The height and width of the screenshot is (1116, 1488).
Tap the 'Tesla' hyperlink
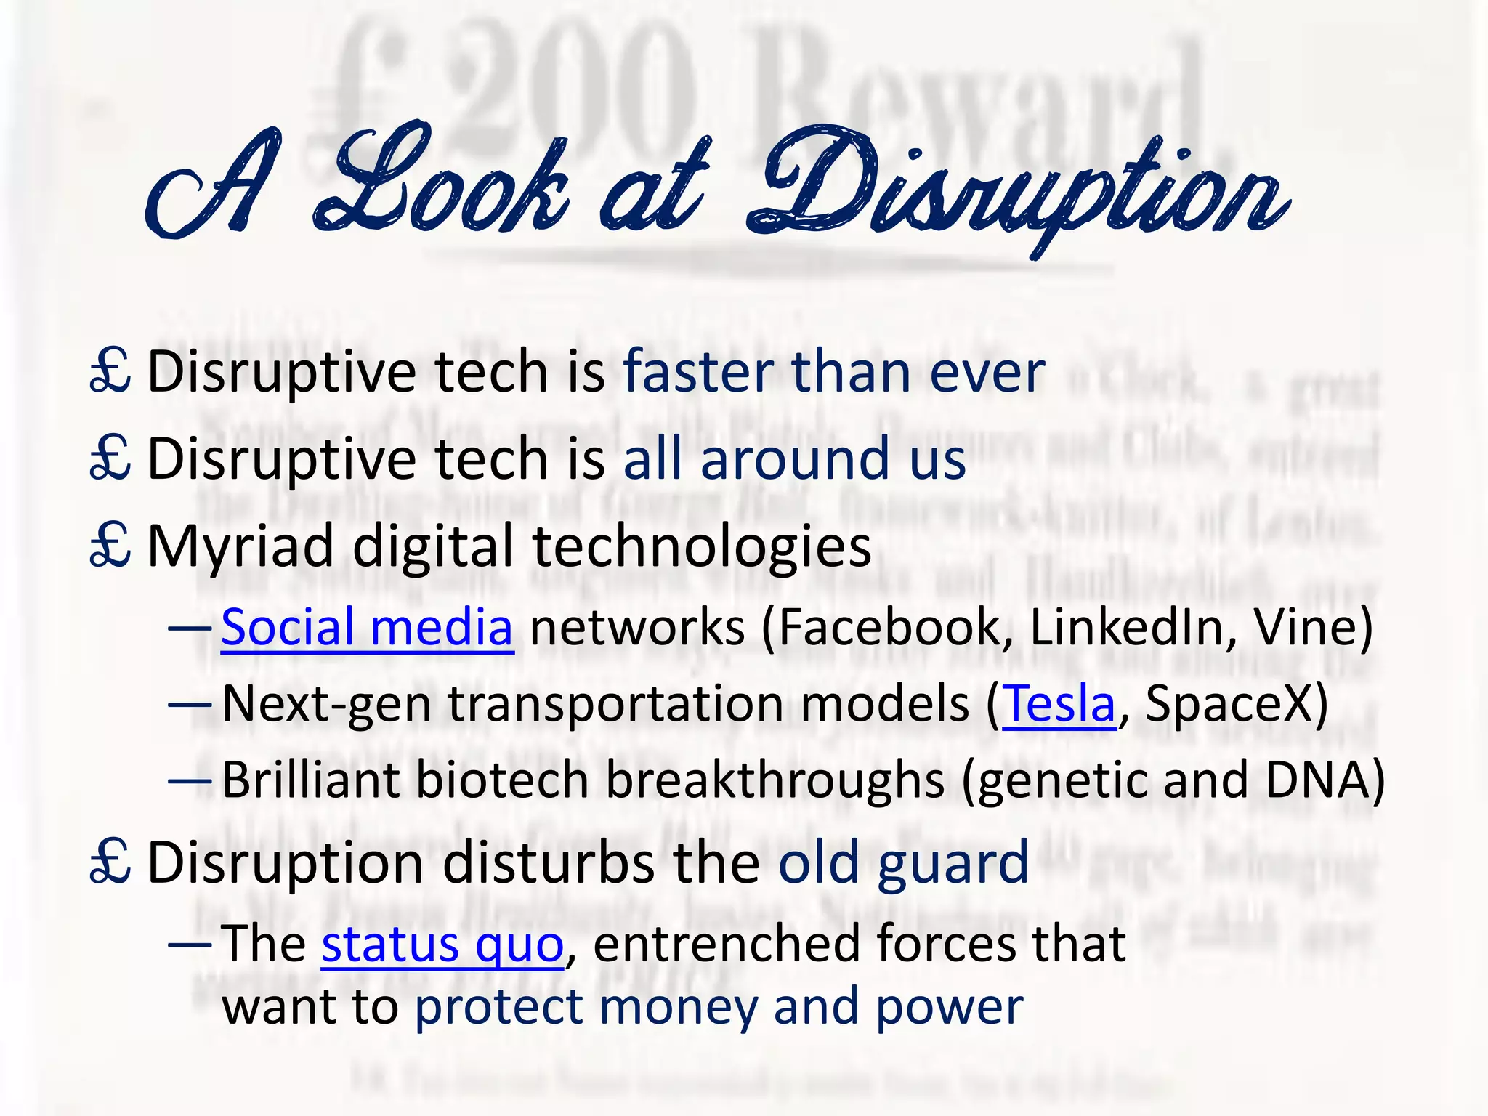(x=1059, y=704)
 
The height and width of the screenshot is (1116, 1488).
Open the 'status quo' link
(x=442, y=944)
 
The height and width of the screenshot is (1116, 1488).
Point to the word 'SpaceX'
(x=1228, y=704)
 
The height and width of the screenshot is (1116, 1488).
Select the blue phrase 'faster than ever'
(x=833, y=372)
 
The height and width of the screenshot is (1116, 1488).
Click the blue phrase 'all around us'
(x=794, y=459)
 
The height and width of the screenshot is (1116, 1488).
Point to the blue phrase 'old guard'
(x=903, y=862)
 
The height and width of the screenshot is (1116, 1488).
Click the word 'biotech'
(x=501, y=780)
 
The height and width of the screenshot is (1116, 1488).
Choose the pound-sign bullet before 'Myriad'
(x=110, y=546)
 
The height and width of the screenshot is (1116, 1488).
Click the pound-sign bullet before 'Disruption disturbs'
(x=110, y=862)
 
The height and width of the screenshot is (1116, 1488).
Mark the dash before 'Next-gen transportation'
(x=190, y=705)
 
